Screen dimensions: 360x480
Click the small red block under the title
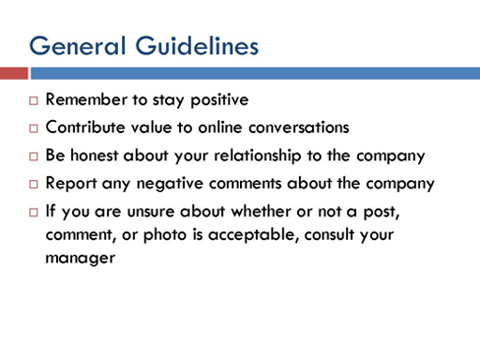pos(13,73)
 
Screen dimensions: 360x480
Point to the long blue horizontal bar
pos(254,73)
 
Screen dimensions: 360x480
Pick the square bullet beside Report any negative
pos(33,184)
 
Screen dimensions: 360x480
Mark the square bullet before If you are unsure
pos(33,212)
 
